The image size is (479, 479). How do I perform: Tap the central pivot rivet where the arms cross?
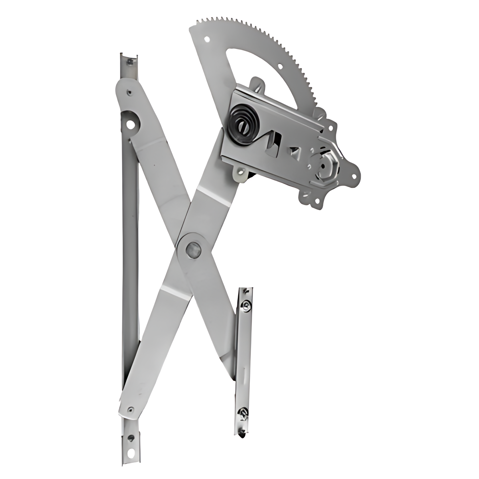point(193,249)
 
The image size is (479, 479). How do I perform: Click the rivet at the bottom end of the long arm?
point(130,409)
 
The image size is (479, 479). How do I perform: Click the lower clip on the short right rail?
point(243,413)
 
